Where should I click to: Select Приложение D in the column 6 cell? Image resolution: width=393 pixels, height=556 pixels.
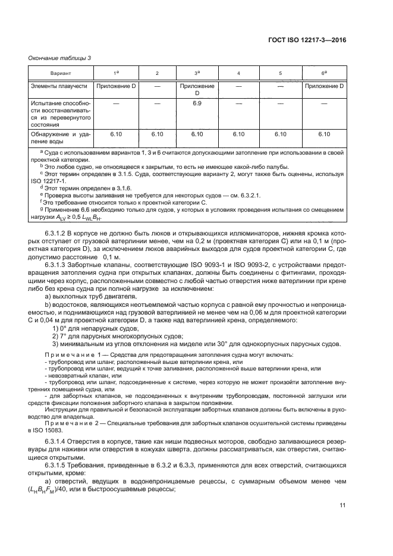pos(324,86)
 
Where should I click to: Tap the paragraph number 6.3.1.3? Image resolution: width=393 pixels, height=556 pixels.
pos(57,267)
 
